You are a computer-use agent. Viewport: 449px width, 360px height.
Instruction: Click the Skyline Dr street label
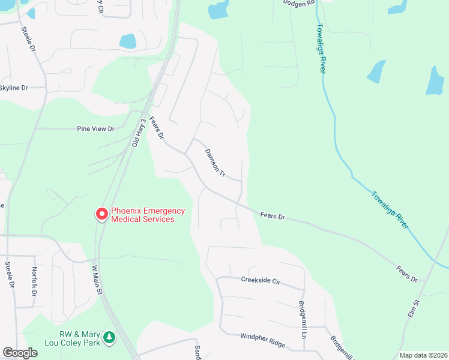[14, 88]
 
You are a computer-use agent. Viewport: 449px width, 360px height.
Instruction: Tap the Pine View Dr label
[95, 128]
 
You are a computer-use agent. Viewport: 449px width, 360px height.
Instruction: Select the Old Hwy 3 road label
[139, 133]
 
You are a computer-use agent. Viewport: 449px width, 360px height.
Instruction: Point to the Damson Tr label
[214, 163]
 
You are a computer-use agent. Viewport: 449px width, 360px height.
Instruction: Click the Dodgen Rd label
[299, 3]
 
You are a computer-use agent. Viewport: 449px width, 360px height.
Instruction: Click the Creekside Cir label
[261, 280]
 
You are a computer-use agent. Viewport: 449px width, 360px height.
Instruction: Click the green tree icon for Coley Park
[109, 338]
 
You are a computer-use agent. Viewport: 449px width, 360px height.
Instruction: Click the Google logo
[20, 353]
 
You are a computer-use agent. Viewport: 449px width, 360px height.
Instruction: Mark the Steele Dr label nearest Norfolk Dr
[10, 275]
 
